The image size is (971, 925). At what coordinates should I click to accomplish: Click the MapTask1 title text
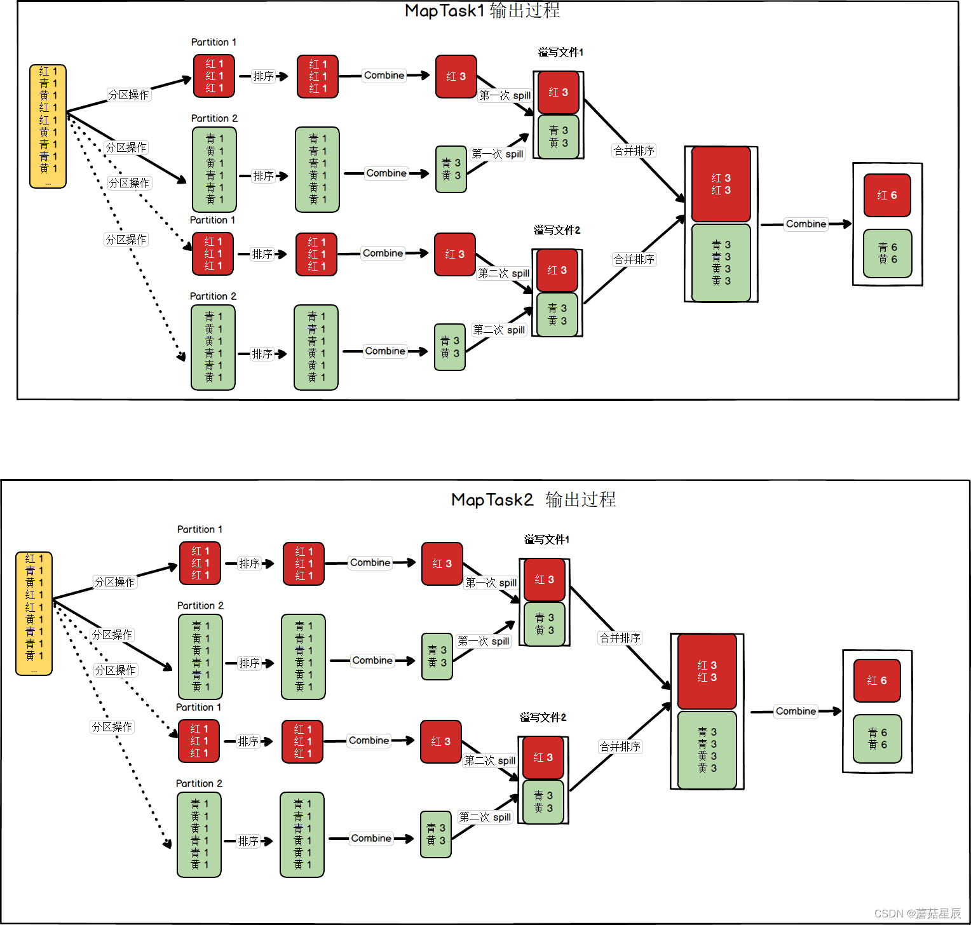point(482,10)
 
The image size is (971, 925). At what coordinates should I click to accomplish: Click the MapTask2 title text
point(533,499)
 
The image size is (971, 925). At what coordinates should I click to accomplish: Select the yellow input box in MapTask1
point(48,126)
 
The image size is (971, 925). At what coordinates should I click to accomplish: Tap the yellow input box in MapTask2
point(34,614)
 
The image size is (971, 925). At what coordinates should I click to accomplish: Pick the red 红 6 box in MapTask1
point(887,195)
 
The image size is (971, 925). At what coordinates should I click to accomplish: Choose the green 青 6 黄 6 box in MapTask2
point(878,739)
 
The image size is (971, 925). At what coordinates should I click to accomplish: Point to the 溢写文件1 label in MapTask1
point(560,52)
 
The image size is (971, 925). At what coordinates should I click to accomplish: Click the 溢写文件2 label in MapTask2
point(543,717)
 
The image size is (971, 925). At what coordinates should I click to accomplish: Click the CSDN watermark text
point(918,914)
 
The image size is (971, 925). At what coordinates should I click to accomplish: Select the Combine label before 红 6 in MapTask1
point(806,224)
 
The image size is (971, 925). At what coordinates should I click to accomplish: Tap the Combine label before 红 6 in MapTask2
point(796,711)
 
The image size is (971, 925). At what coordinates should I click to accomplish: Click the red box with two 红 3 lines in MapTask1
point(721,184)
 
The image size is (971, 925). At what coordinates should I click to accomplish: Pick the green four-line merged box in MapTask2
point(707,750)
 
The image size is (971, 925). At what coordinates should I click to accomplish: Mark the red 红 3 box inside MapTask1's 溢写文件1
point(559,93)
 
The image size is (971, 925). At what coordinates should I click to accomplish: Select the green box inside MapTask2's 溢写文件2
point(543,802)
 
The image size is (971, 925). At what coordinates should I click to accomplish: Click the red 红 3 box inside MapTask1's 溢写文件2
point(557,271)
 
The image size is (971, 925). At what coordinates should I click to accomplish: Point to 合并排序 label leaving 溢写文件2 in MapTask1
point(634,259)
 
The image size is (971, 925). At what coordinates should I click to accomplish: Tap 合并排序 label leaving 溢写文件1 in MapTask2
point(620,638)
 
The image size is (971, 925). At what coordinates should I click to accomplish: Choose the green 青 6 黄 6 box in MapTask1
point(888,253)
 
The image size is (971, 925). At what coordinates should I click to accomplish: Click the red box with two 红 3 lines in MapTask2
point(707,672)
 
